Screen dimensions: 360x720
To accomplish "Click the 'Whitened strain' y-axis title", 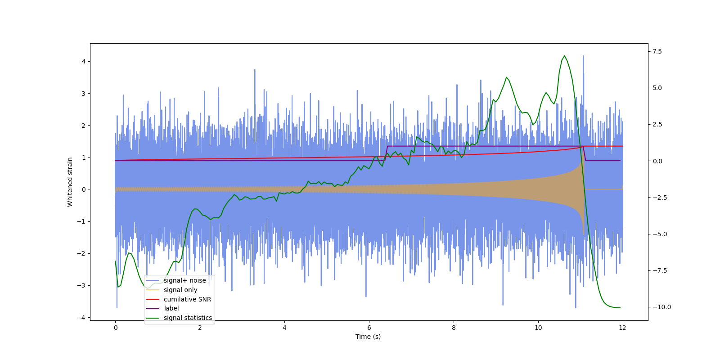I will click(x=70, y=182).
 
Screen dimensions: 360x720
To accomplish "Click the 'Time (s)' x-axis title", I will click(x=368, y=337).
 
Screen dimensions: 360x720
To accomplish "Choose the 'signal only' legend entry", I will click(x=180, y=290).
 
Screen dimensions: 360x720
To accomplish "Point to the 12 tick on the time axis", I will click(x=622, y=328).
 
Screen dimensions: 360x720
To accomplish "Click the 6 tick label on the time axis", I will click(x=369, y=328).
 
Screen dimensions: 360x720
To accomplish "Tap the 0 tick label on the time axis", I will click(x=115, y=328).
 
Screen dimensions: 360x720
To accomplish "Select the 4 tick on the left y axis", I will click(x=84, y=61).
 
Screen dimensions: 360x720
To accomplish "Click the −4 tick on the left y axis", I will click(x=82, y=318).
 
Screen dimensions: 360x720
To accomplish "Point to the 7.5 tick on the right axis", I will click(x=657, y=51).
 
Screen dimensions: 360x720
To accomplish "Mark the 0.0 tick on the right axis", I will click(x=657, y=161).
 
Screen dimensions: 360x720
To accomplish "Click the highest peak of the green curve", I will click(x=564, y=56).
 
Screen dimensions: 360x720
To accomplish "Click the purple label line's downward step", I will click(x=584, y=153).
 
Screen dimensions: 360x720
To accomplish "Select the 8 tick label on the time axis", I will click(x=454, y=328).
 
